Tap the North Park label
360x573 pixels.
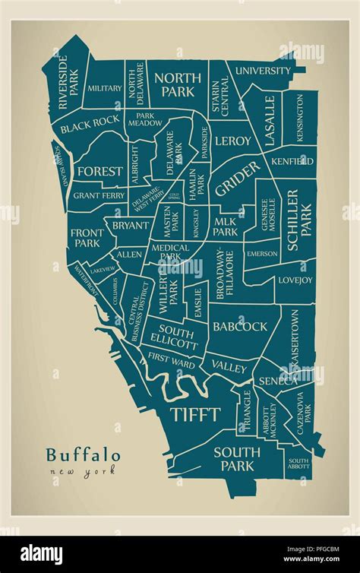point(178,84)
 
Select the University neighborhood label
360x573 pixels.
point(262,71)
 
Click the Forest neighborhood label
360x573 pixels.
point(99,171)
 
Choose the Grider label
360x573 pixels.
point(236,177)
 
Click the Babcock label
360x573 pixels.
point(239,326)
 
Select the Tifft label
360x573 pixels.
point(194,414)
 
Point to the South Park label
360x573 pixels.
point(236,458)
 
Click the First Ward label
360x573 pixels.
point(171,356)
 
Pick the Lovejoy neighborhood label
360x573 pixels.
point(295,280)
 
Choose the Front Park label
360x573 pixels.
point(85,238)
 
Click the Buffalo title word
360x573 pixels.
point(83,454)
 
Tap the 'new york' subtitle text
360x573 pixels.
point(83,472)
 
